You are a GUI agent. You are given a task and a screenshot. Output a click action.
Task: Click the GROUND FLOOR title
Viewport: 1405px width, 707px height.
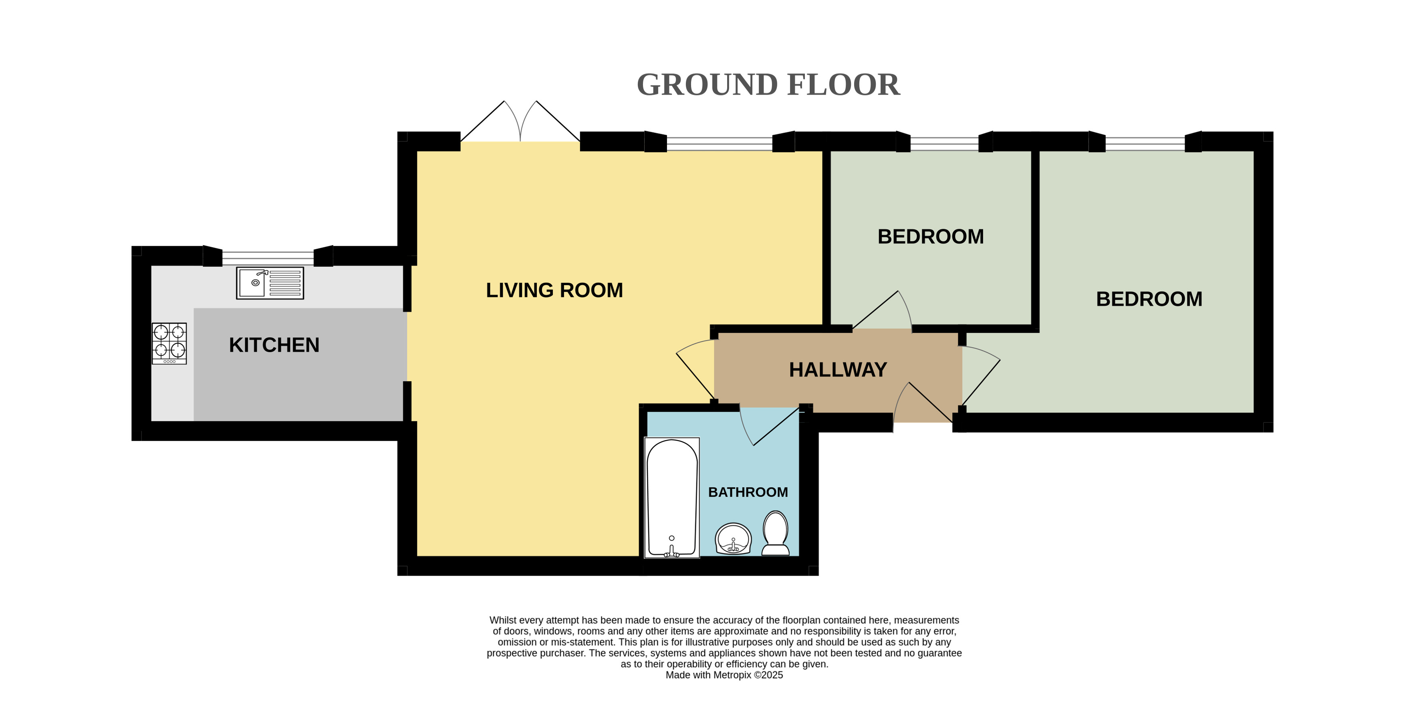coord(768,85)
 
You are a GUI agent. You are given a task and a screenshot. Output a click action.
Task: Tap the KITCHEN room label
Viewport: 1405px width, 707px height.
coord(274,345)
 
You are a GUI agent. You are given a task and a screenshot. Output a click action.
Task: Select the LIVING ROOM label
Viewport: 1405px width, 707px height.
coord(554,290)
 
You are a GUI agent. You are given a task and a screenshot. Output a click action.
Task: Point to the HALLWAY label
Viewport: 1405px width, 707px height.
coord(838,370)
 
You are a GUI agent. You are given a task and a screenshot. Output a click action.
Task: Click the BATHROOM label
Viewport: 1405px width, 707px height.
coord(748,492)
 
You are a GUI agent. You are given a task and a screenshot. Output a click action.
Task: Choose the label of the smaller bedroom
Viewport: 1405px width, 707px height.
coord(931,237)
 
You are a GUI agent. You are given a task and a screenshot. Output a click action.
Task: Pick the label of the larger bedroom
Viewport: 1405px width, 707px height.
coord(1149,299)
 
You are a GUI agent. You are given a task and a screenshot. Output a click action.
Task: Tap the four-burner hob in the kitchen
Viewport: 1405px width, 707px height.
coord(169,344)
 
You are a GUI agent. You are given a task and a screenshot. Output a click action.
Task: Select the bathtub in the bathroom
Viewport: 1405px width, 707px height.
coord(672,498)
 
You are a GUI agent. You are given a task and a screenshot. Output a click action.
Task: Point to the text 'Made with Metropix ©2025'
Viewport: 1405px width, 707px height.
coord(724,675)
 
